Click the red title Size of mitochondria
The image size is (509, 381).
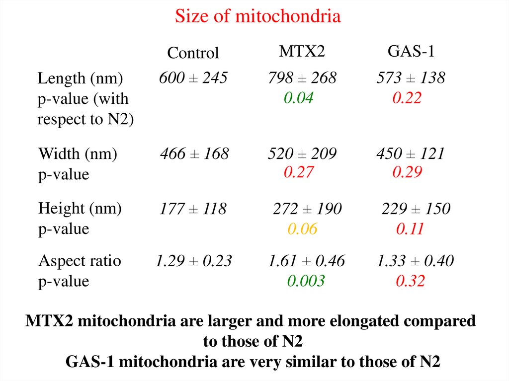[x=257, y=17]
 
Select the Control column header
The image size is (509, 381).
[x=193, y=53]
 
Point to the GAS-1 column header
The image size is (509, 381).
[x=411, y=51]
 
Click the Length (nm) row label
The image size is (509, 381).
[x=81, y=78]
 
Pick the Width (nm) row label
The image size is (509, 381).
[x=78, y=154]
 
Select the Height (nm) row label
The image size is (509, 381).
[x=80, y=209]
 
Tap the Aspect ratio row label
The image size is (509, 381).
[x=80, y=261]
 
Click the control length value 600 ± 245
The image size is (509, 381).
[x=193, y=78]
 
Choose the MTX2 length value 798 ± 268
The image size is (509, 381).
[x=302, y=78]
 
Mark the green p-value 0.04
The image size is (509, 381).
[x=298, y=98]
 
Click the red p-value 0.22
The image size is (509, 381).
[x=407, y=98]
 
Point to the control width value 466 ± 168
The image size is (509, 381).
[x=194, y=154]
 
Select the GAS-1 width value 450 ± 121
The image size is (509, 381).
[x=410, y=154]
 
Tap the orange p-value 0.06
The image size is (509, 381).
[x=302, y=229]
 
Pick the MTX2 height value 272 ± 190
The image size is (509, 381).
[x=307, y=209]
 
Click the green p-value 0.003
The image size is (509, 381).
[x=306, y=281]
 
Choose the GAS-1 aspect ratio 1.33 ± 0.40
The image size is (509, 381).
[x=415, y=261]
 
